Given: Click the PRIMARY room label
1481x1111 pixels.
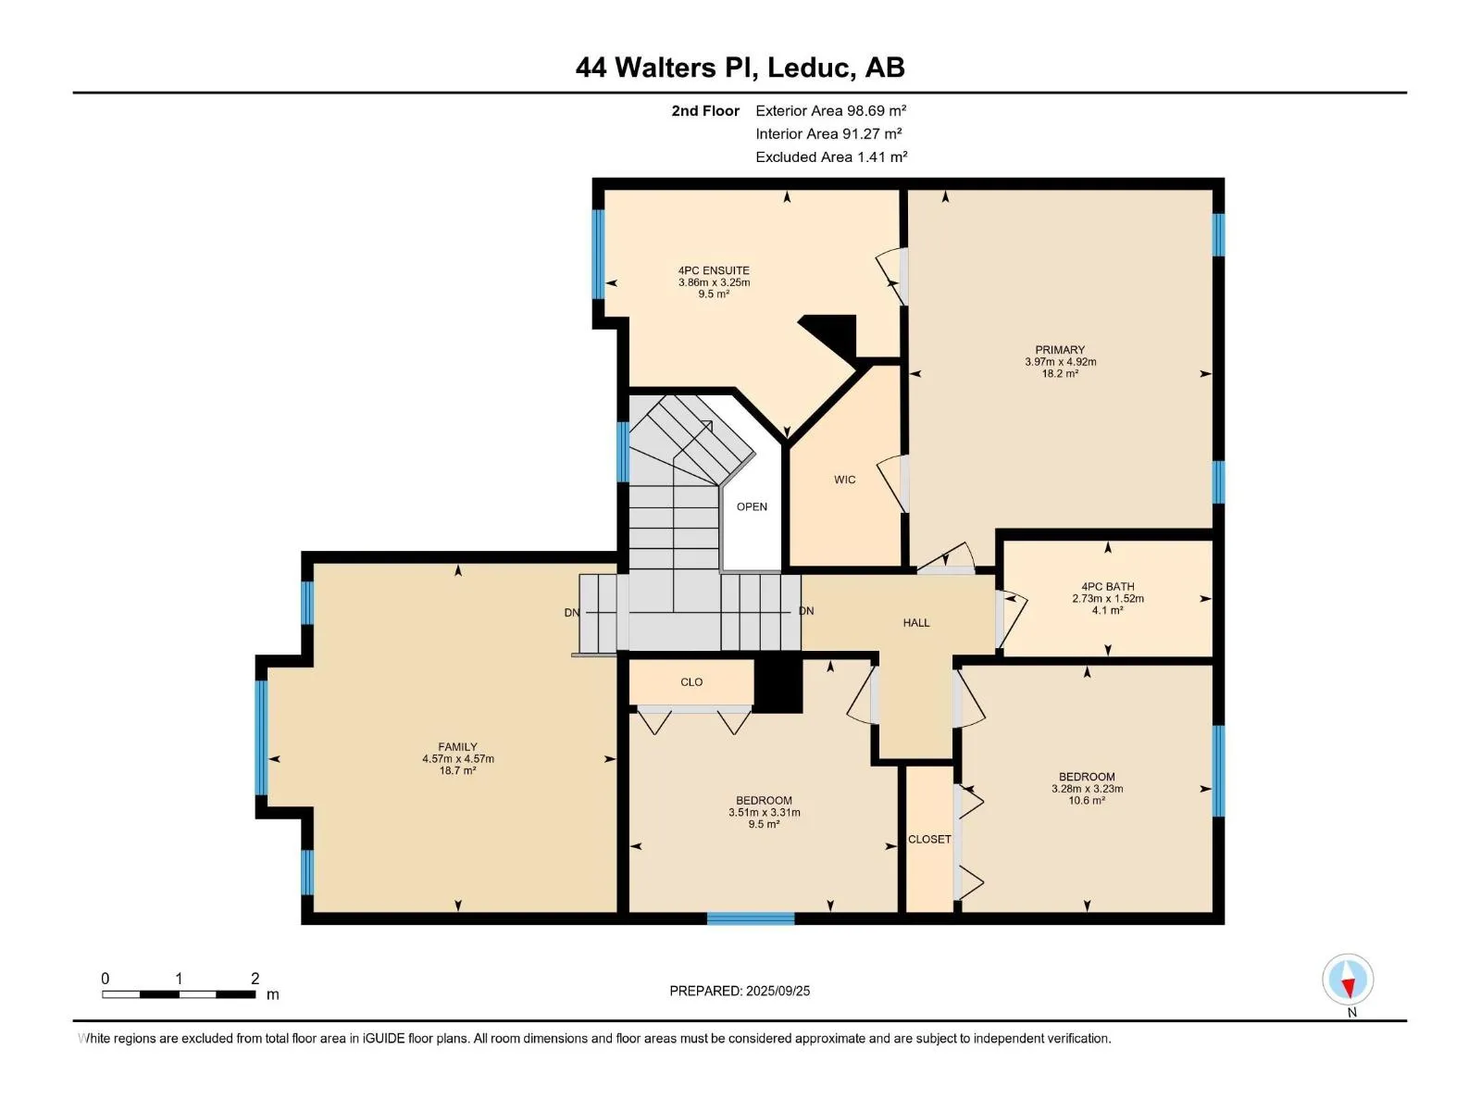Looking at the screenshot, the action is click(x=1060, y=349).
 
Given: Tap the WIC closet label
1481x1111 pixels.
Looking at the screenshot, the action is click(x=845, y=480).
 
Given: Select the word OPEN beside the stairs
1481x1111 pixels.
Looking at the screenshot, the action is click(x=752, y=506).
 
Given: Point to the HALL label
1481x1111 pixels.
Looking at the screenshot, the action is click(x=916, y=622).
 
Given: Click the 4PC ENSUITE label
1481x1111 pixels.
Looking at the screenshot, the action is click(x=714, y=270).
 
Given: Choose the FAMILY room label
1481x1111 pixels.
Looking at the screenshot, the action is click(x=457, y=747).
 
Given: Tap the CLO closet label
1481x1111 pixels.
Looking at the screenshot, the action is click(x=691, y=682).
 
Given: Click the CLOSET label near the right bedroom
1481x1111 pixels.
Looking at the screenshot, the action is click(x=929, y=839).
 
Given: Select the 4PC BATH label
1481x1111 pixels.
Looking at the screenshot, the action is click(x=1108, y=587).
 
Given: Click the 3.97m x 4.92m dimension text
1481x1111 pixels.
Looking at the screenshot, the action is click(x=1061, y=362).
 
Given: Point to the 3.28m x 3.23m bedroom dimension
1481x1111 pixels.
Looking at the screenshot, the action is click(x=1087, y=789).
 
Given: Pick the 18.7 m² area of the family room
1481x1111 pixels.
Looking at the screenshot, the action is click(x=457, y=770).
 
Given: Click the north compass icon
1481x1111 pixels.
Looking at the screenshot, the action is click(x=1348, y=979).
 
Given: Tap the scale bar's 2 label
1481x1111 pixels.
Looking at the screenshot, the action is click(x=255, y=978).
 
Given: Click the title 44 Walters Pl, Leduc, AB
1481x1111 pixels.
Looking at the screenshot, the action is click(x=740, y=68).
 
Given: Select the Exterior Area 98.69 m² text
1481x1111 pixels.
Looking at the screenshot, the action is click(x=830, y=110).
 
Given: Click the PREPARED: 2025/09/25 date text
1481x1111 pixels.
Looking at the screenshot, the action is click(x=740, y=991).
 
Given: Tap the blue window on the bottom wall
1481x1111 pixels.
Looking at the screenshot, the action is click(x=751, y=918).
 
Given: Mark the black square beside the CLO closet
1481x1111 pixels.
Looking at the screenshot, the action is click(x=778, y=685).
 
